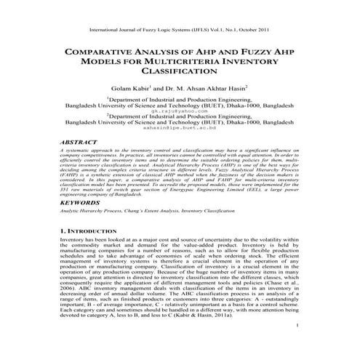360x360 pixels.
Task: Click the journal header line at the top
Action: point(180,32)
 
